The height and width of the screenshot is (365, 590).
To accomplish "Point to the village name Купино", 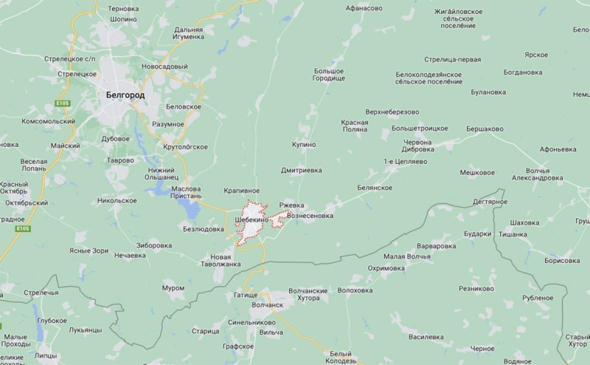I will tap(303, 145).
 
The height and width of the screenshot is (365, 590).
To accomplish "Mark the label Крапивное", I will tap(241, 191).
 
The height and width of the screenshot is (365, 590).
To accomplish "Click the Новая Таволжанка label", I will tap(221, 259).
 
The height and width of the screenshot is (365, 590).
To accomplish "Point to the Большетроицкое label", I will tap(420, 129).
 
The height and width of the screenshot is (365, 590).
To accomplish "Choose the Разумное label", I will tap(167, 123).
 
